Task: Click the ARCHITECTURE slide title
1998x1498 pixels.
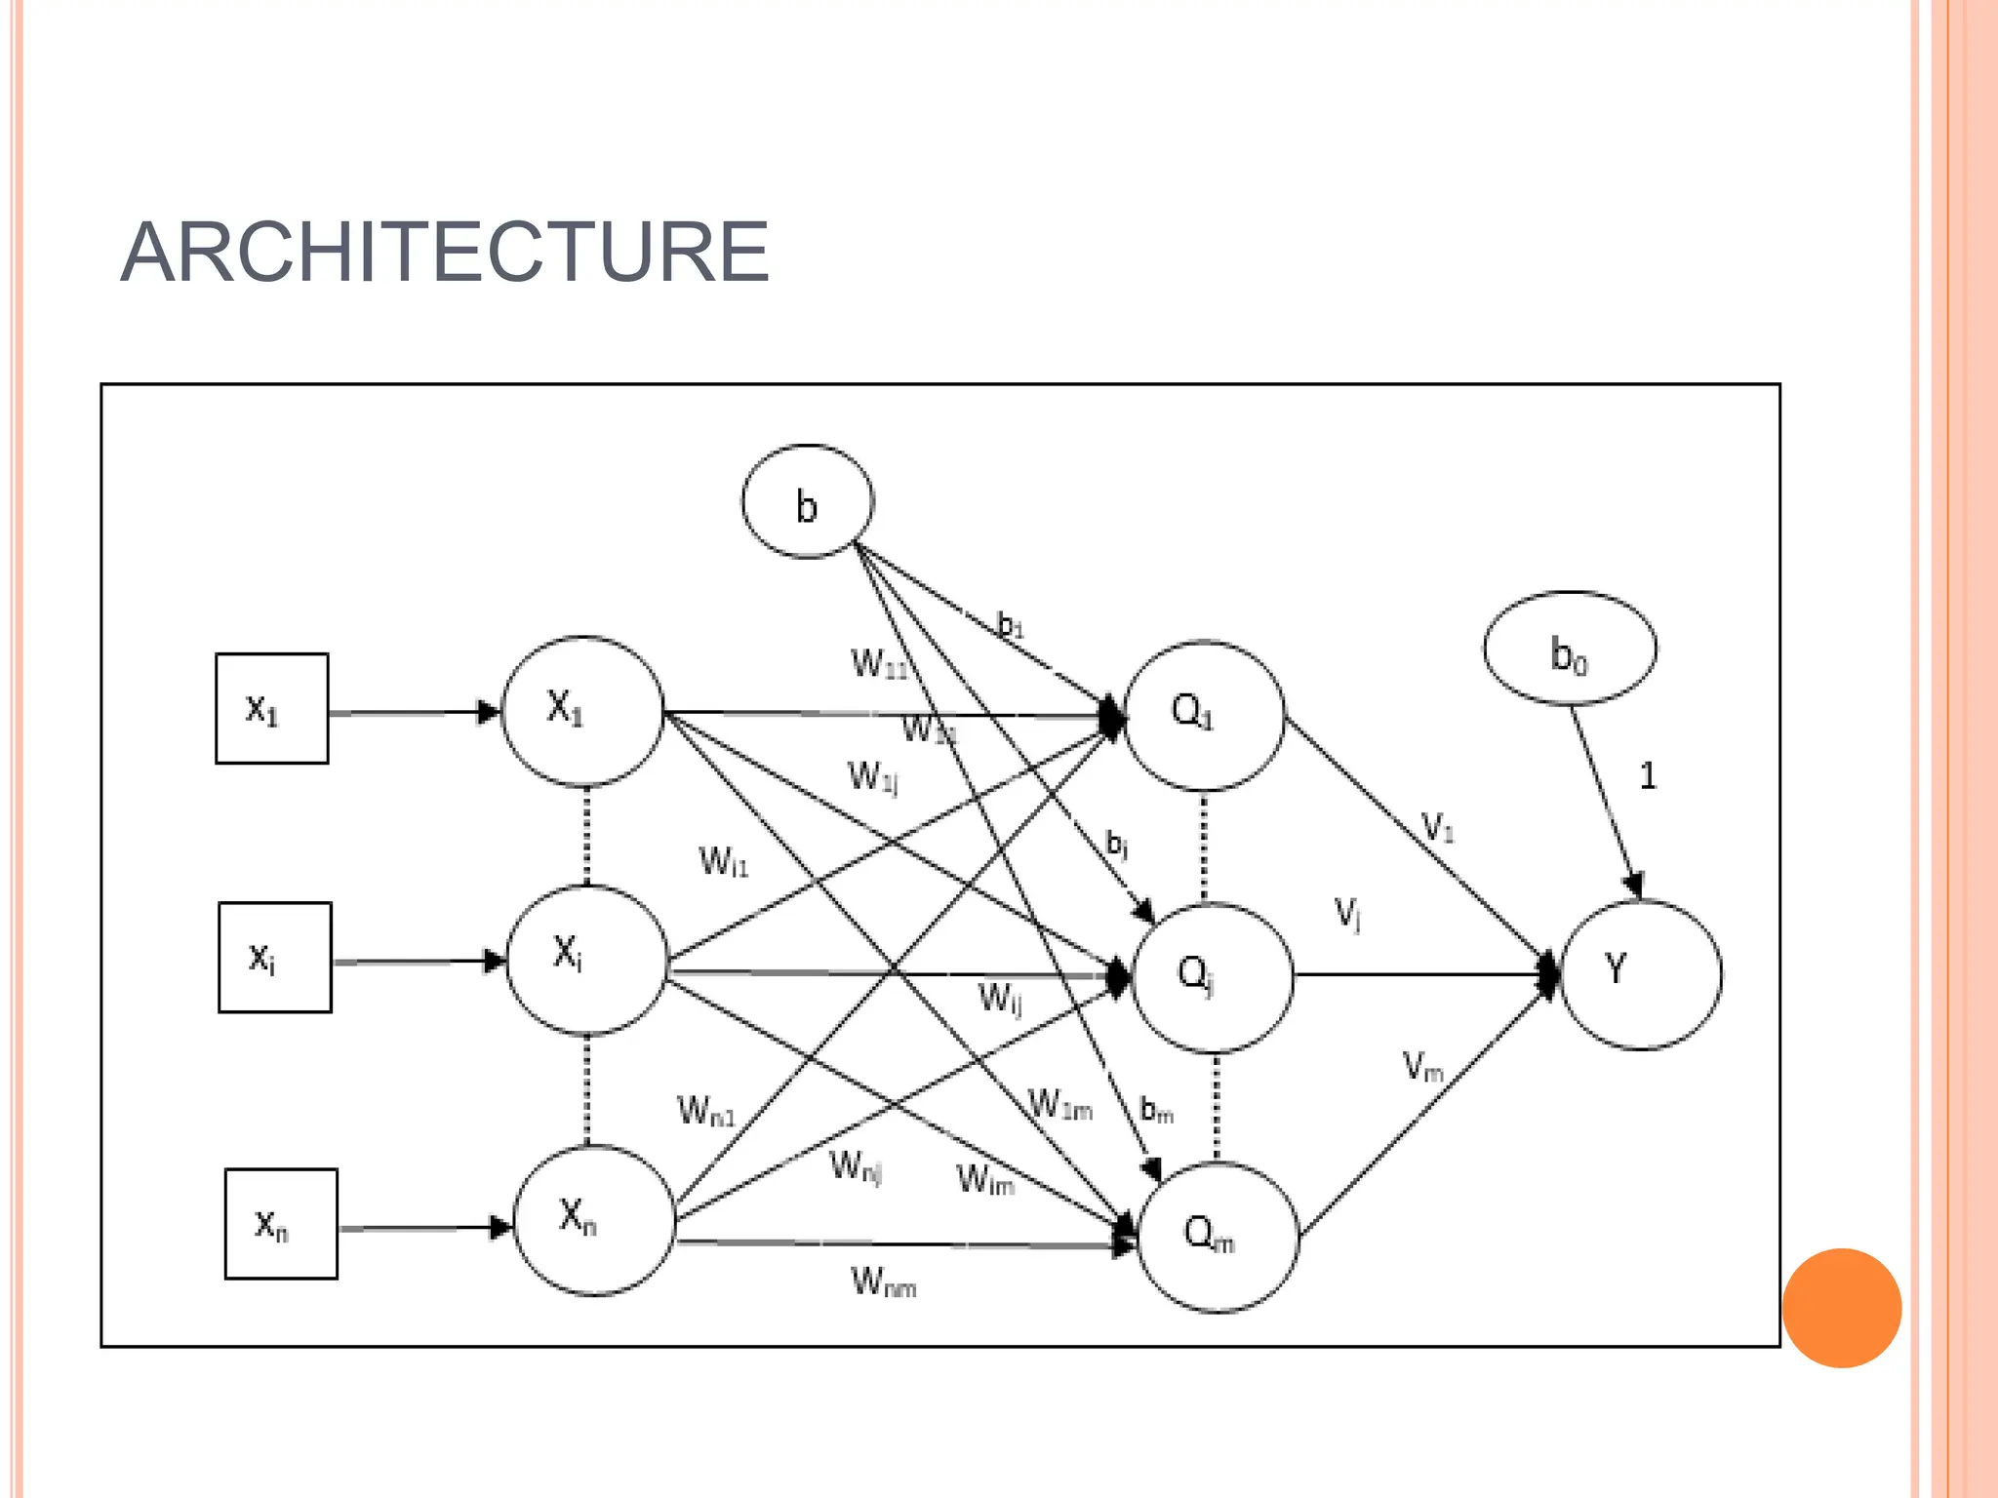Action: point(445,253)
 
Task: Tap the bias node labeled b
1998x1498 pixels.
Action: point(808,502)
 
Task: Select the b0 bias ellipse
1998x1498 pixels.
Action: point(1570,649)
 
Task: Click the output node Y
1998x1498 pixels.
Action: point(1641,973)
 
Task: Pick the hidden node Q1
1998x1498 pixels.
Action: point(1204,715)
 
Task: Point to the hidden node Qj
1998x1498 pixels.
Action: point(1212,977)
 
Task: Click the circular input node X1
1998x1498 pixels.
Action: point(583,711)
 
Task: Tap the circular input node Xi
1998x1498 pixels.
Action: point(587,960)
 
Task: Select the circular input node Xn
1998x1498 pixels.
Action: point(594,1220)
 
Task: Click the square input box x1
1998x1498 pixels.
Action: point(271,709)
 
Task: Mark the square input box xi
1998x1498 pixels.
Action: point(274,958)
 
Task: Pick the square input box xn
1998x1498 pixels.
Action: point(281,1224)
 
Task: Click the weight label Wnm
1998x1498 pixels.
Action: point(883,1282)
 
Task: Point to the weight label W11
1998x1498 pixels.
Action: point(879,664)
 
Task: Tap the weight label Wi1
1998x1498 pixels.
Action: point(723,862)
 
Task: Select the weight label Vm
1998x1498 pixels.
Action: point(1422,1067)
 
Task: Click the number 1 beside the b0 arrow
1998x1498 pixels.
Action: point(1647,776)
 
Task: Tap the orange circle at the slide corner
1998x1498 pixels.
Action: point(1841,1308)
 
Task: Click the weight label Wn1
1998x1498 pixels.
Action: point(705,1111)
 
